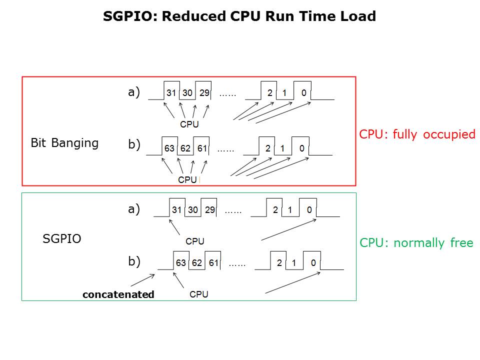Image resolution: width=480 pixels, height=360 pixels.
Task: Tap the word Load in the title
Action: (357, 16)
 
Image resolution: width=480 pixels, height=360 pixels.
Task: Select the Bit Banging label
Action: (64, 143)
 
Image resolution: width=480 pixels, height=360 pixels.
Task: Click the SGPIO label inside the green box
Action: (62, 238)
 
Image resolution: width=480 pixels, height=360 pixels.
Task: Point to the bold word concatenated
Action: (118, 294)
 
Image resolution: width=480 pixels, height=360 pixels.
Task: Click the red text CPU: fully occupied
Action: (417, 134)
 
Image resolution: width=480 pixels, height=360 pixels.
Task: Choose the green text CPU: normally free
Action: (416, 243)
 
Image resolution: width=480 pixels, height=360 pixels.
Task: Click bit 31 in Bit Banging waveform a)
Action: (171, 93)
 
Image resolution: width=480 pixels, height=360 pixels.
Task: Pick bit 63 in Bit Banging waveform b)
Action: (169, 148)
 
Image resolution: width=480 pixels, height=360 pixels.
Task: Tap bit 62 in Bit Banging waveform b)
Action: (185, 148)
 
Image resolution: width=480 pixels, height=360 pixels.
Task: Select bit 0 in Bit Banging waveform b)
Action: (302, 148)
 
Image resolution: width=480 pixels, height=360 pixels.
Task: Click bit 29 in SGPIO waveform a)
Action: (209, 210)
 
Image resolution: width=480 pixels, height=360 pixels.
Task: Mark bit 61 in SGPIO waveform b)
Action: (213, 263)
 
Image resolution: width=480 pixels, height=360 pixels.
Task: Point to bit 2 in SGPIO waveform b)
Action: (280, 263)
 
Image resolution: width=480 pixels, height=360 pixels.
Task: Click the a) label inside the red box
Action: (134, 92)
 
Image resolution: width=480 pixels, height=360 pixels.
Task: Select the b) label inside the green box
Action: (134, 261)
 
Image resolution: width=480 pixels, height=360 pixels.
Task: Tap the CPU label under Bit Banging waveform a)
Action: (189, 124)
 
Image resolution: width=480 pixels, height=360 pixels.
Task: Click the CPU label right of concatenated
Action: (199, 294)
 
